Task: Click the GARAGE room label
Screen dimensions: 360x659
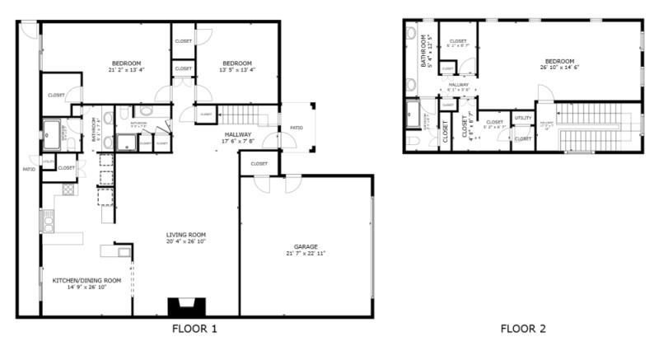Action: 306,246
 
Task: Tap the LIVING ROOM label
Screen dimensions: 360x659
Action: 185,234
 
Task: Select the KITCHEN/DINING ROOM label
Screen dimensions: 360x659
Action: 86,280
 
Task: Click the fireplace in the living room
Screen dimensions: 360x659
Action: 185,306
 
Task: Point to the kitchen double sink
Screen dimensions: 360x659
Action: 48,221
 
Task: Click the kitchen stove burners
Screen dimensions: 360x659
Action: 68,189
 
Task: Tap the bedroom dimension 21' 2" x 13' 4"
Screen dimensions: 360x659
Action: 127,71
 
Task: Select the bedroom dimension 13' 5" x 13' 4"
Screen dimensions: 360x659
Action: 236,71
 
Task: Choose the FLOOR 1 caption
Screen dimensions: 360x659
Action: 194,330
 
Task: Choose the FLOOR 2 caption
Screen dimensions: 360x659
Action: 522,330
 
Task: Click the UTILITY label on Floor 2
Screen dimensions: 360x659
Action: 523,119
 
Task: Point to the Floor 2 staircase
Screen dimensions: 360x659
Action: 593,128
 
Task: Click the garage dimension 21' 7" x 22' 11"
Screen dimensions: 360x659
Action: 306,253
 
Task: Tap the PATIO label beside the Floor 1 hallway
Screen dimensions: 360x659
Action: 296,128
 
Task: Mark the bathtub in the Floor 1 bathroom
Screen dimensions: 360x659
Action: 55,129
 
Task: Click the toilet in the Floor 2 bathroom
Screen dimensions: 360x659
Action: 411,141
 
